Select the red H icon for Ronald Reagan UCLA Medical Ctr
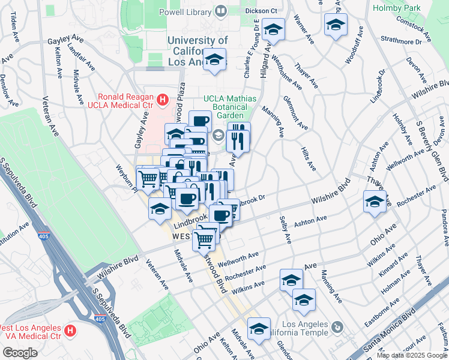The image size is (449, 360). pyautogui.click(x=161, y=98)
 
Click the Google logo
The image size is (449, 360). pyautogui.click(x=20, y=353)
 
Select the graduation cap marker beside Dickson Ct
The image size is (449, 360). pyautogui.click(x=273, y=30)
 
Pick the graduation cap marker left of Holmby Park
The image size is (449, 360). pyautogui.click(x=336, y=25)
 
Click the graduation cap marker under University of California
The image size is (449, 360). pyautogui.click(x=214, y=59)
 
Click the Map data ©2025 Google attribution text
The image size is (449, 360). pyautogui.click(x=411, y=355)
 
